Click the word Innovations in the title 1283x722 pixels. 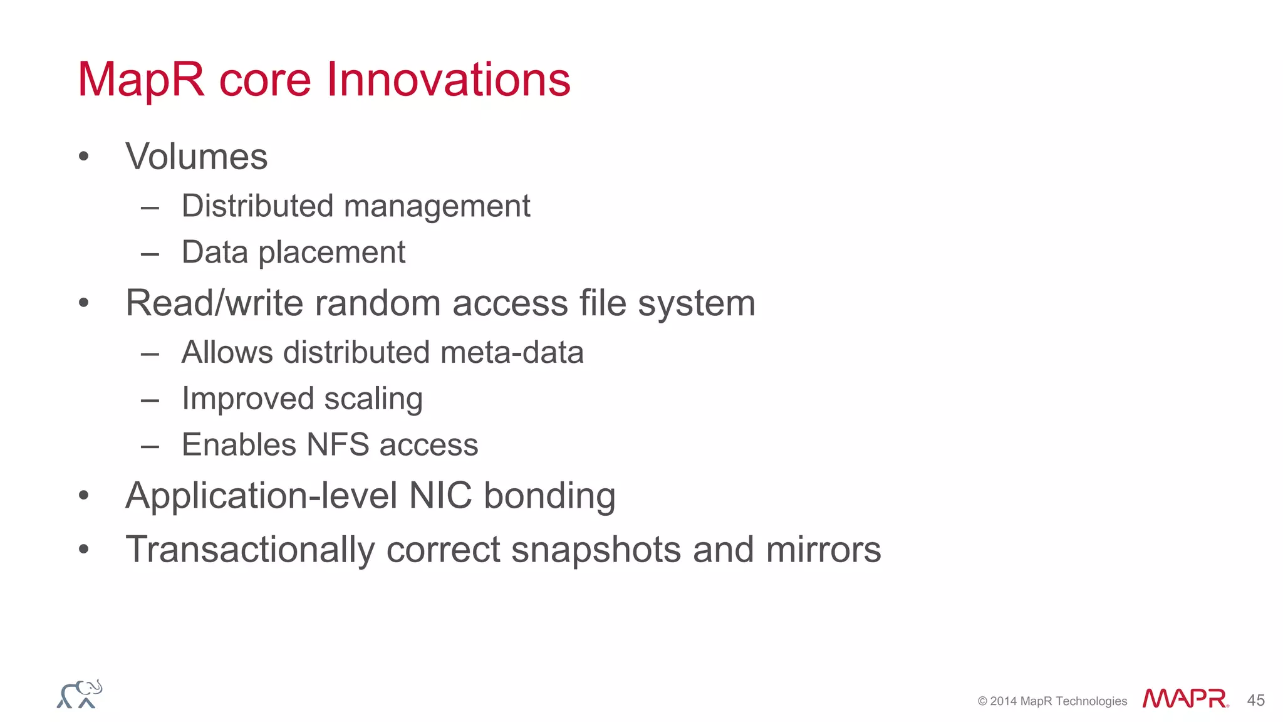(x=449, y=80)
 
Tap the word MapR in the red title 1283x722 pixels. (x=142, y=80)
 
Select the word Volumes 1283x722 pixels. (x=197, y=157)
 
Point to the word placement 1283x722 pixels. (x=331, y=253)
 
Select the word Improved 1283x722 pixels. (x=247, y=399)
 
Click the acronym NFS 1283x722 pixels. (x=338, y=445)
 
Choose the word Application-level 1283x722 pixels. (x=262, y=496)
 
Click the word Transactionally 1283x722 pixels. (x=250, y=550)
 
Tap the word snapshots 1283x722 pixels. (x=596, y=550)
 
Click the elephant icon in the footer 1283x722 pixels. (x=80, y=694)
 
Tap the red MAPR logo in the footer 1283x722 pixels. (x=1185, y=698)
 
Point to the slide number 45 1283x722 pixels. (x=1255, y=700)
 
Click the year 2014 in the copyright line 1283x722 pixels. (x=1004, y=701)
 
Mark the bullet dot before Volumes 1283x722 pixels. (x=84, y=157)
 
